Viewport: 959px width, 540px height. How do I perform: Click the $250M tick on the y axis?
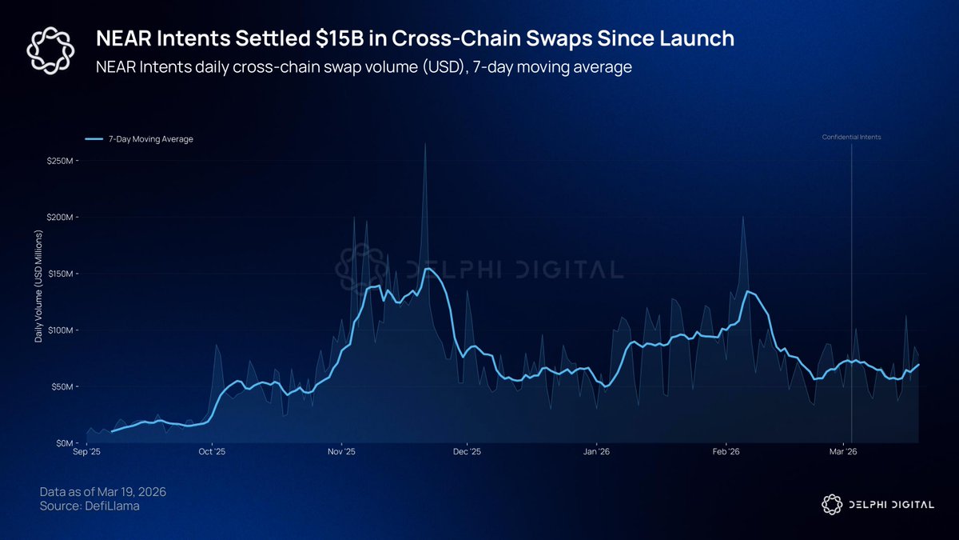(x=62, y=161)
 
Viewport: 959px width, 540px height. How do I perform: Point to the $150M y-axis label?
(x=62, y=274)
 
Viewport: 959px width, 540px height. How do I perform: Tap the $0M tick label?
(x=67, y=442)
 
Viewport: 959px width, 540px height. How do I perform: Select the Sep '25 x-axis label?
(x=86, y=452)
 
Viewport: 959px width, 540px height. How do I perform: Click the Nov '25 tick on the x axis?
(x=341, y=452)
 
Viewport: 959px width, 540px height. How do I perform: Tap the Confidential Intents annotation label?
(x=851, y=138)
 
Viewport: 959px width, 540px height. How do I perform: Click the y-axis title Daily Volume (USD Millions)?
(x=38, y=287)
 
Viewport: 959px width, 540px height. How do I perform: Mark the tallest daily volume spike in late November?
(x=425, y=145)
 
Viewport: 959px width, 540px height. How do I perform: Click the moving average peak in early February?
(x=748, y=291)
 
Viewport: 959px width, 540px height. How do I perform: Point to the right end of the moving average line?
(x=918, y=365)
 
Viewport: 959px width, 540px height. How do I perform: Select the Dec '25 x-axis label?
(x=468, y=452)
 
